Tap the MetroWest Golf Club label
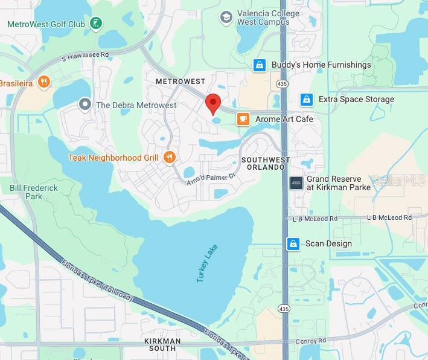click(45, 24)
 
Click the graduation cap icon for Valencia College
click(226, 17)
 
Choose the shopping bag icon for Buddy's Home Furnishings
click(259, 65)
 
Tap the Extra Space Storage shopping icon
click(306, 99)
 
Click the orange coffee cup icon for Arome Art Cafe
click(243, 119)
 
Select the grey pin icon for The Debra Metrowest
click(85, 105)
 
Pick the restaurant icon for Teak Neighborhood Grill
click(170, 158)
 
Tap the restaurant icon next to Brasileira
click(43, 82)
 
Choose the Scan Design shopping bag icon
click(293, 244)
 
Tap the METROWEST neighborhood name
click(180, 81)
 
